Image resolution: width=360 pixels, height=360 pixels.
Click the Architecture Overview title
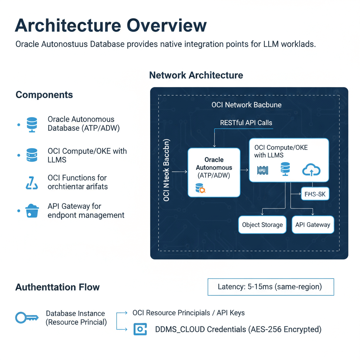tap(111, 26)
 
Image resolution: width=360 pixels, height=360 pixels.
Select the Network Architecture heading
tap(196, 75)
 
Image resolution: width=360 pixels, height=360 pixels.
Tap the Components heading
tap(44, 95)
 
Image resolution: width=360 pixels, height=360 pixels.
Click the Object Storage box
tap(262, 225)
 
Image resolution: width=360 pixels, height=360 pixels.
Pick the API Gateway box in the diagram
tap(313, 225)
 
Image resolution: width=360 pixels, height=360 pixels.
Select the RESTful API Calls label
tap(246, 123)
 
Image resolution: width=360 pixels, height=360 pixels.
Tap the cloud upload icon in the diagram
tap(311, 170)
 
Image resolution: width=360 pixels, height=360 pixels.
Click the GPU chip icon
tap(263, 171)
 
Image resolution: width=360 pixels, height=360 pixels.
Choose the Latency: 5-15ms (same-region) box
tap(271, 287)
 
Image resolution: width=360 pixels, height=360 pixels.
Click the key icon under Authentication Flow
tap(27, 318)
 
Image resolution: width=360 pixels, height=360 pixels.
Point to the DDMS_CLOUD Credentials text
tap(238, 329)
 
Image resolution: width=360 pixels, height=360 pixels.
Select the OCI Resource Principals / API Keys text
tap(188, 313)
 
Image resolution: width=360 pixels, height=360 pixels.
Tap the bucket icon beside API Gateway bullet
tap(32, 211)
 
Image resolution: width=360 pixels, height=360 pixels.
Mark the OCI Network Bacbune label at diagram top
tap(246, 105)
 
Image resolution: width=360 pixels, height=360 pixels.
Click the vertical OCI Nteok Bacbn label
tap(167, 171)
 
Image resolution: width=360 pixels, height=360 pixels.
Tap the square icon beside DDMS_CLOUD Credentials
tap(140, 329)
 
